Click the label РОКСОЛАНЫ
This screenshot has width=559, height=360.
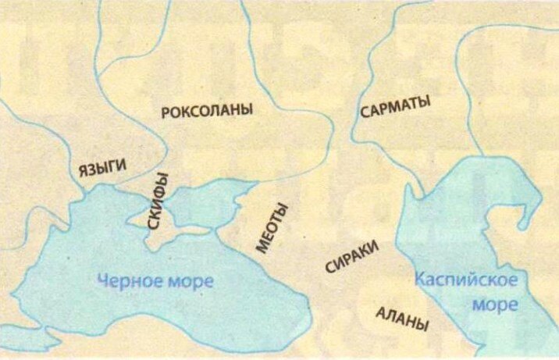pos(207,111)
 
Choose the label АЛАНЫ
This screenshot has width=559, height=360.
pos(402,319)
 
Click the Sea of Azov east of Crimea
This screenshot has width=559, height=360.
pos(205,201)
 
